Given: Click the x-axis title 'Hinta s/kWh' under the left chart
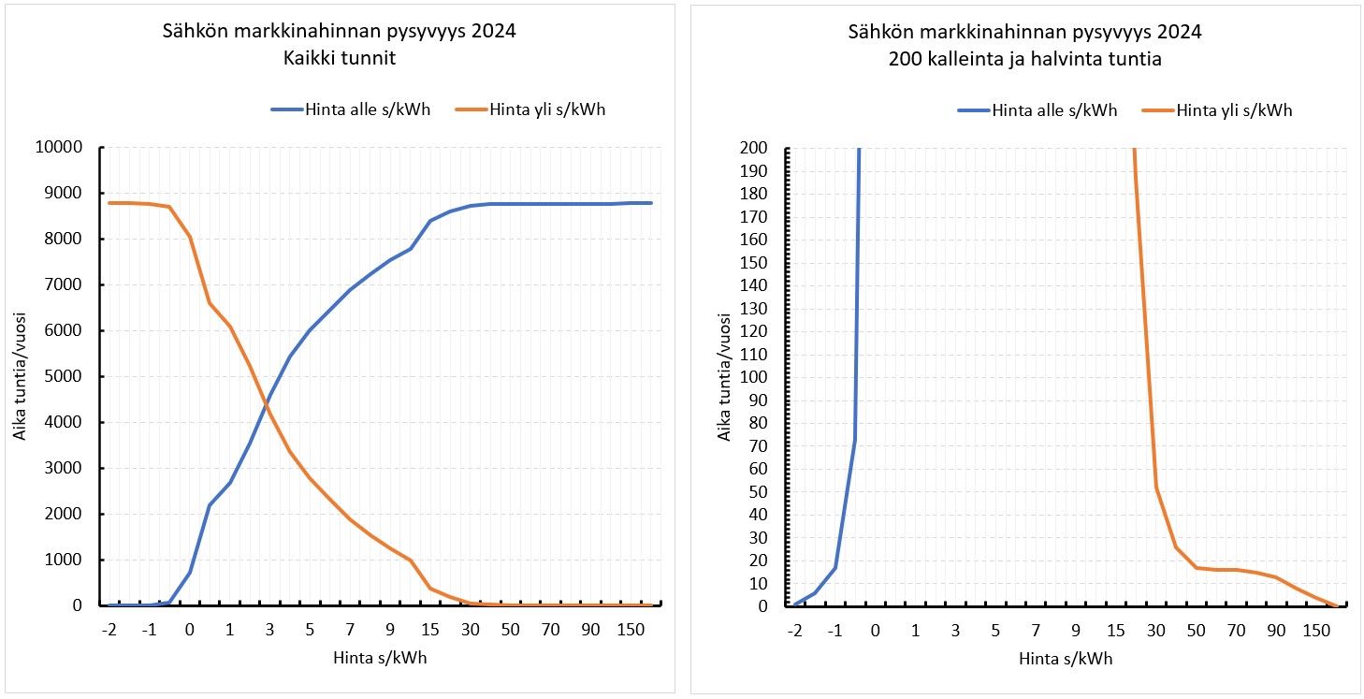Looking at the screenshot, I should [x=381, y=658].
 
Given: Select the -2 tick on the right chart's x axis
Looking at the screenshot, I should [x=795, y=629].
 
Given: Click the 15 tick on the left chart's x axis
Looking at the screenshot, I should [x=430, y=629].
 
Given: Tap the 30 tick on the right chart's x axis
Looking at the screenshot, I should [x=1156, y=629].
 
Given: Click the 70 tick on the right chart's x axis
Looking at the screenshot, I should [x=1236, y=629].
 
